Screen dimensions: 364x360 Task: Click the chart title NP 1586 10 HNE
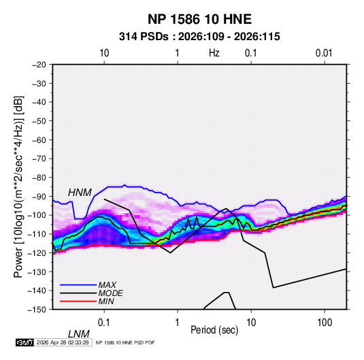[x=199, y=19]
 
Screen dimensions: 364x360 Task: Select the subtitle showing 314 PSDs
[x=199, y=37]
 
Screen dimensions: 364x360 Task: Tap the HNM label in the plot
[x=80, y=193]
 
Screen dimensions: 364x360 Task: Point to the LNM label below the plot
[x=79, y=334]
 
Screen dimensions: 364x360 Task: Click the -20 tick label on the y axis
[x=39, y=65]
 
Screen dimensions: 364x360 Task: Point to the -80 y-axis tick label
[x=39, y=178]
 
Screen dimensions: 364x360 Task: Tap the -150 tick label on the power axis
[x=37, y=310]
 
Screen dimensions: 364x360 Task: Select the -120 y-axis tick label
[x=37, y=252]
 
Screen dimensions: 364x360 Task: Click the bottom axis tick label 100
[x=325, y=323]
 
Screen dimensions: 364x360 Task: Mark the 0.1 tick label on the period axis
[x=103, y=323]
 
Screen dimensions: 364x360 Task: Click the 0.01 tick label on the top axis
[x=324, y=53]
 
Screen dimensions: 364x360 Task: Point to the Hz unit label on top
[x=214, y=53]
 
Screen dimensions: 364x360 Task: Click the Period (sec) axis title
[x=214, y=330]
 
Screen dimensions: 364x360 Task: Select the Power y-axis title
[x=18, y=186]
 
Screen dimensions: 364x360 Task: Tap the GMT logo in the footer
[x=25, y=342]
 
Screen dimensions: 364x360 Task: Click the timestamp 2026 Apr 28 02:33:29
[x=63, y=342]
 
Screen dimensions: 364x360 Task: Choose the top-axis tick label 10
[x=104, y=53]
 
